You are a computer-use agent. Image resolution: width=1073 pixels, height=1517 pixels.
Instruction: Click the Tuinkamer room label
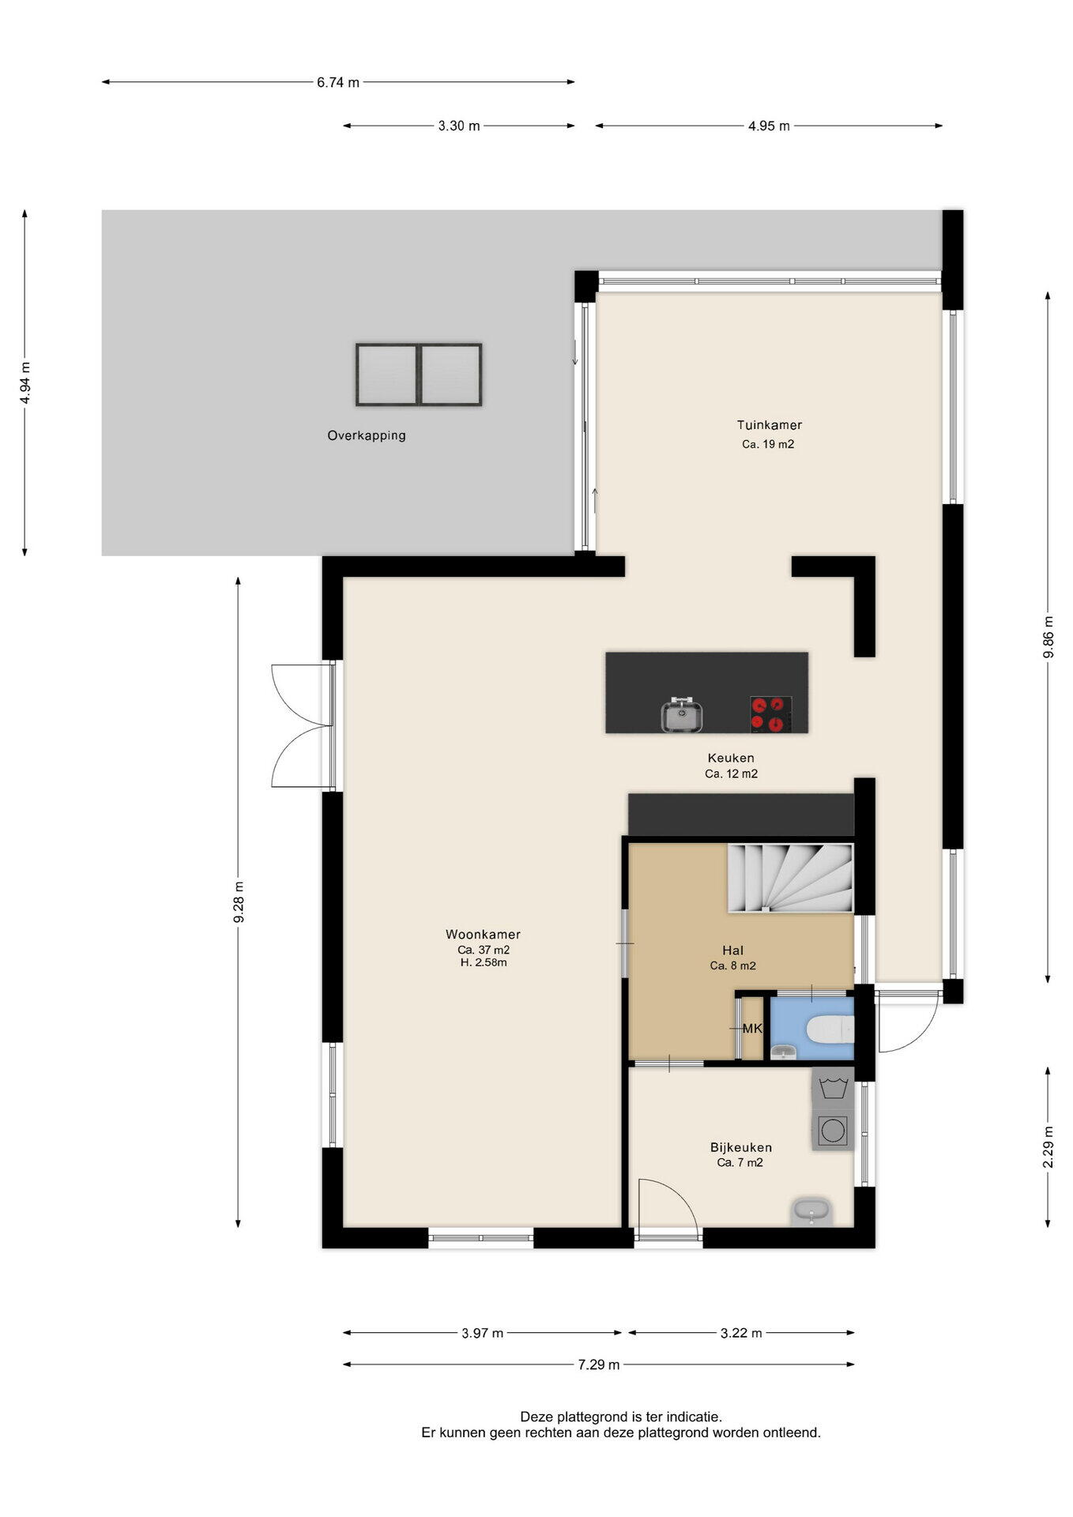coord(769,425)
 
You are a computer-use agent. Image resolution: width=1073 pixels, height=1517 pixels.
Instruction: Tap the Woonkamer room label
coord(483,935)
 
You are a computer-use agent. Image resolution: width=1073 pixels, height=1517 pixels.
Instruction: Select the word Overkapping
coord(367,435)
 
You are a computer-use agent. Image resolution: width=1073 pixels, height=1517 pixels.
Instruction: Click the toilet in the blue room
coord(830,1029)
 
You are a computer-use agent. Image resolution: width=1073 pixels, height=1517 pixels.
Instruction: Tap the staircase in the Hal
coord(790,878)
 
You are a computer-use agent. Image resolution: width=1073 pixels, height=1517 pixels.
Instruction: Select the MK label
coord(752,1029)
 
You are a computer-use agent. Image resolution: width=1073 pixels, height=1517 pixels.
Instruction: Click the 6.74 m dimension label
coord(338,82)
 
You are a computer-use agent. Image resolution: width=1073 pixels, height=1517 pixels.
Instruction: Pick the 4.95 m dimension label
coord(769,126)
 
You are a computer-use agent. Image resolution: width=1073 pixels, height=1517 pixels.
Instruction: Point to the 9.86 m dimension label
coord(1049,637)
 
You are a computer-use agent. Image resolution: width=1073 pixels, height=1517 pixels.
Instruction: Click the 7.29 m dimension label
coord(598,1365)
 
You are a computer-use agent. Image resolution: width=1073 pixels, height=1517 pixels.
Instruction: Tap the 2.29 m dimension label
coord(1049,1146)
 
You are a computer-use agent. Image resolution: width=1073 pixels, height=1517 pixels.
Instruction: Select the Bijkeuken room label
coord(740,1147)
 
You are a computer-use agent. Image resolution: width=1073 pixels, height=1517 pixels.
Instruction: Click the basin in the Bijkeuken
coord(811,1212)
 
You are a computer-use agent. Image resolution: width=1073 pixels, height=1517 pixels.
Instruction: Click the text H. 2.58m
coord(484,963)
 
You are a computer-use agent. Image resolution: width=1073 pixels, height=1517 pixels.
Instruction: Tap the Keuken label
coord(731,758)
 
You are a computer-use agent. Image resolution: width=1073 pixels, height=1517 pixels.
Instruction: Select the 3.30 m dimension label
coord(459,126)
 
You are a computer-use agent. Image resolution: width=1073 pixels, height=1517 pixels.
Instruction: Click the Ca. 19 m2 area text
coord(768,444)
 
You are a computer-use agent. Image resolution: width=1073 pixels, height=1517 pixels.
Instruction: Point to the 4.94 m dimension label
coord(25,382)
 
